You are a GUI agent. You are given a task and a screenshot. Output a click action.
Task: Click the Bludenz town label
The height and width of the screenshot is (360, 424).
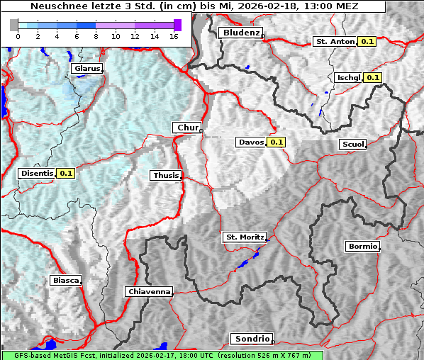point(240,33)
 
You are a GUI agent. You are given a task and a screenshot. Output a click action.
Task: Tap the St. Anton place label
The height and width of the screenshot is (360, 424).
point(333,42)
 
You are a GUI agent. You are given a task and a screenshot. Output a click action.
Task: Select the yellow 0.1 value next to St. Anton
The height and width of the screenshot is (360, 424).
point(367,42)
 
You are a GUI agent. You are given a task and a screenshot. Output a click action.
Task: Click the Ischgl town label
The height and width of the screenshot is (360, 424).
point(349,77)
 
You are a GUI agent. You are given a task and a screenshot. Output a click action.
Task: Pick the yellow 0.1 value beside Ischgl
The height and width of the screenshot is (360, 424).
point(373,77)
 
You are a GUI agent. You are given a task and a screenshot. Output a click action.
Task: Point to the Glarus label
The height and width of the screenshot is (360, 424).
point(86,68)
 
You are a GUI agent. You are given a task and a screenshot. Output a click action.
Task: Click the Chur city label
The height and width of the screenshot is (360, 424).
point(187,128)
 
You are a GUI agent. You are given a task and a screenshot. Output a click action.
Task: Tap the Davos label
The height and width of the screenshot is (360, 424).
point(251,142)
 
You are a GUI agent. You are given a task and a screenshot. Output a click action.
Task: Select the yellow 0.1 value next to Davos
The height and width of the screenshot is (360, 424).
point(276,142)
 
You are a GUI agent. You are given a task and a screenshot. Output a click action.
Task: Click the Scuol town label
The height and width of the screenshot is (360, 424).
point(352,144)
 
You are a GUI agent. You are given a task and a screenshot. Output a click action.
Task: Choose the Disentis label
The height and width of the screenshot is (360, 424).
point(36,173)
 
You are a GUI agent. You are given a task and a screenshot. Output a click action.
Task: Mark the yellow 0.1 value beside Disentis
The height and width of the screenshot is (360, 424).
point(66,173)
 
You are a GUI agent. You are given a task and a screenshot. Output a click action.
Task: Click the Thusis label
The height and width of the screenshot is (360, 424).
point(165,175)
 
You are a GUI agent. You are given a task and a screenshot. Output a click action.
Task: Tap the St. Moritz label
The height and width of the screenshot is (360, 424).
point(244,237)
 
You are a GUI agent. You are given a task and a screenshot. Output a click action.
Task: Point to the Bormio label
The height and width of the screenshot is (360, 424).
point(362,247)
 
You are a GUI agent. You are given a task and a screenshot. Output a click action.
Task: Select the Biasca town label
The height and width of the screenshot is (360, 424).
point(65,280)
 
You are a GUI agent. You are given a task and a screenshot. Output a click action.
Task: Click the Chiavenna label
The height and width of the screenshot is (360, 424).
point(148,291)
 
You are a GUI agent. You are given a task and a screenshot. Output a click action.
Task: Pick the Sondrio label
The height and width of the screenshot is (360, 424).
point(251,339)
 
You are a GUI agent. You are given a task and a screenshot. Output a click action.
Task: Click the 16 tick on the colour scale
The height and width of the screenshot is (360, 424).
point(173,36)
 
